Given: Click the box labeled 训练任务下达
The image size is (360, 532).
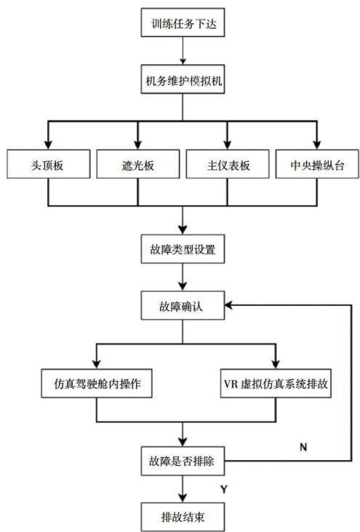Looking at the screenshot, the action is [x=183, y=23].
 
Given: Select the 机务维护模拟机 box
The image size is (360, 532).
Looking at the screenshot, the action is [x=183, y=79].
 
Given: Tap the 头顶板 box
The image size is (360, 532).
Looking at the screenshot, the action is [x=49, y=164].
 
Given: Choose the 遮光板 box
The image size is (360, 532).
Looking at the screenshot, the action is [x=138, y=164].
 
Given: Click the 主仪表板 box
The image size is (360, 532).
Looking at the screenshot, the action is [x=228, y=164].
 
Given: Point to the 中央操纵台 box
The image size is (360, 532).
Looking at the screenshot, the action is [x=317, y=164].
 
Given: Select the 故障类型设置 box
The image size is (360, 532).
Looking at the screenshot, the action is [x=183, y=249].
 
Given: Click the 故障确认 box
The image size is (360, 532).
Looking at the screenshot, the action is [x=183, y=305].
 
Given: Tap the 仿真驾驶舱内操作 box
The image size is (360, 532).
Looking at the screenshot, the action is [x=97, y=384].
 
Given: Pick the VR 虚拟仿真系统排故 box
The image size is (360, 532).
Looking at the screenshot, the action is [x=276, y=384].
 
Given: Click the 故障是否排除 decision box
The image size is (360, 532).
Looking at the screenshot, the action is [x=183, y=461].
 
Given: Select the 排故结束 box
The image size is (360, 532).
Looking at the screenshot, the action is [x=183, y=517].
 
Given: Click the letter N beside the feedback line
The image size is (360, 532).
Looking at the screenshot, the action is [x=303, y=447].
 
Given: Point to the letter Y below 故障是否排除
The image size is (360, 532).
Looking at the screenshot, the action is [x=223, y=489].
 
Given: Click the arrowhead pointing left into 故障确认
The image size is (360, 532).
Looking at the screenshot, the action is [x=228, y=305].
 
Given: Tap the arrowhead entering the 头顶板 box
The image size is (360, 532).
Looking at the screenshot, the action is [x=48, y=145].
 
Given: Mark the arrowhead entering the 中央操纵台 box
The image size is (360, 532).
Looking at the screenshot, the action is [x=317, y=145].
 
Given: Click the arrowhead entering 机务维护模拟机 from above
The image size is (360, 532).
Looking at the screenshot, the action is [x=183, y=61].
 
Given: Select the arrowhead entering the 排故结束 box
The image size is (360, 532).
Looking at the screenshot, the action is [x=183, y=498].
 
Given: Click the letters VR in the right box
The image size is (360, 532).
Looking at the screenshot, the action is [x=231, y=384].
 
